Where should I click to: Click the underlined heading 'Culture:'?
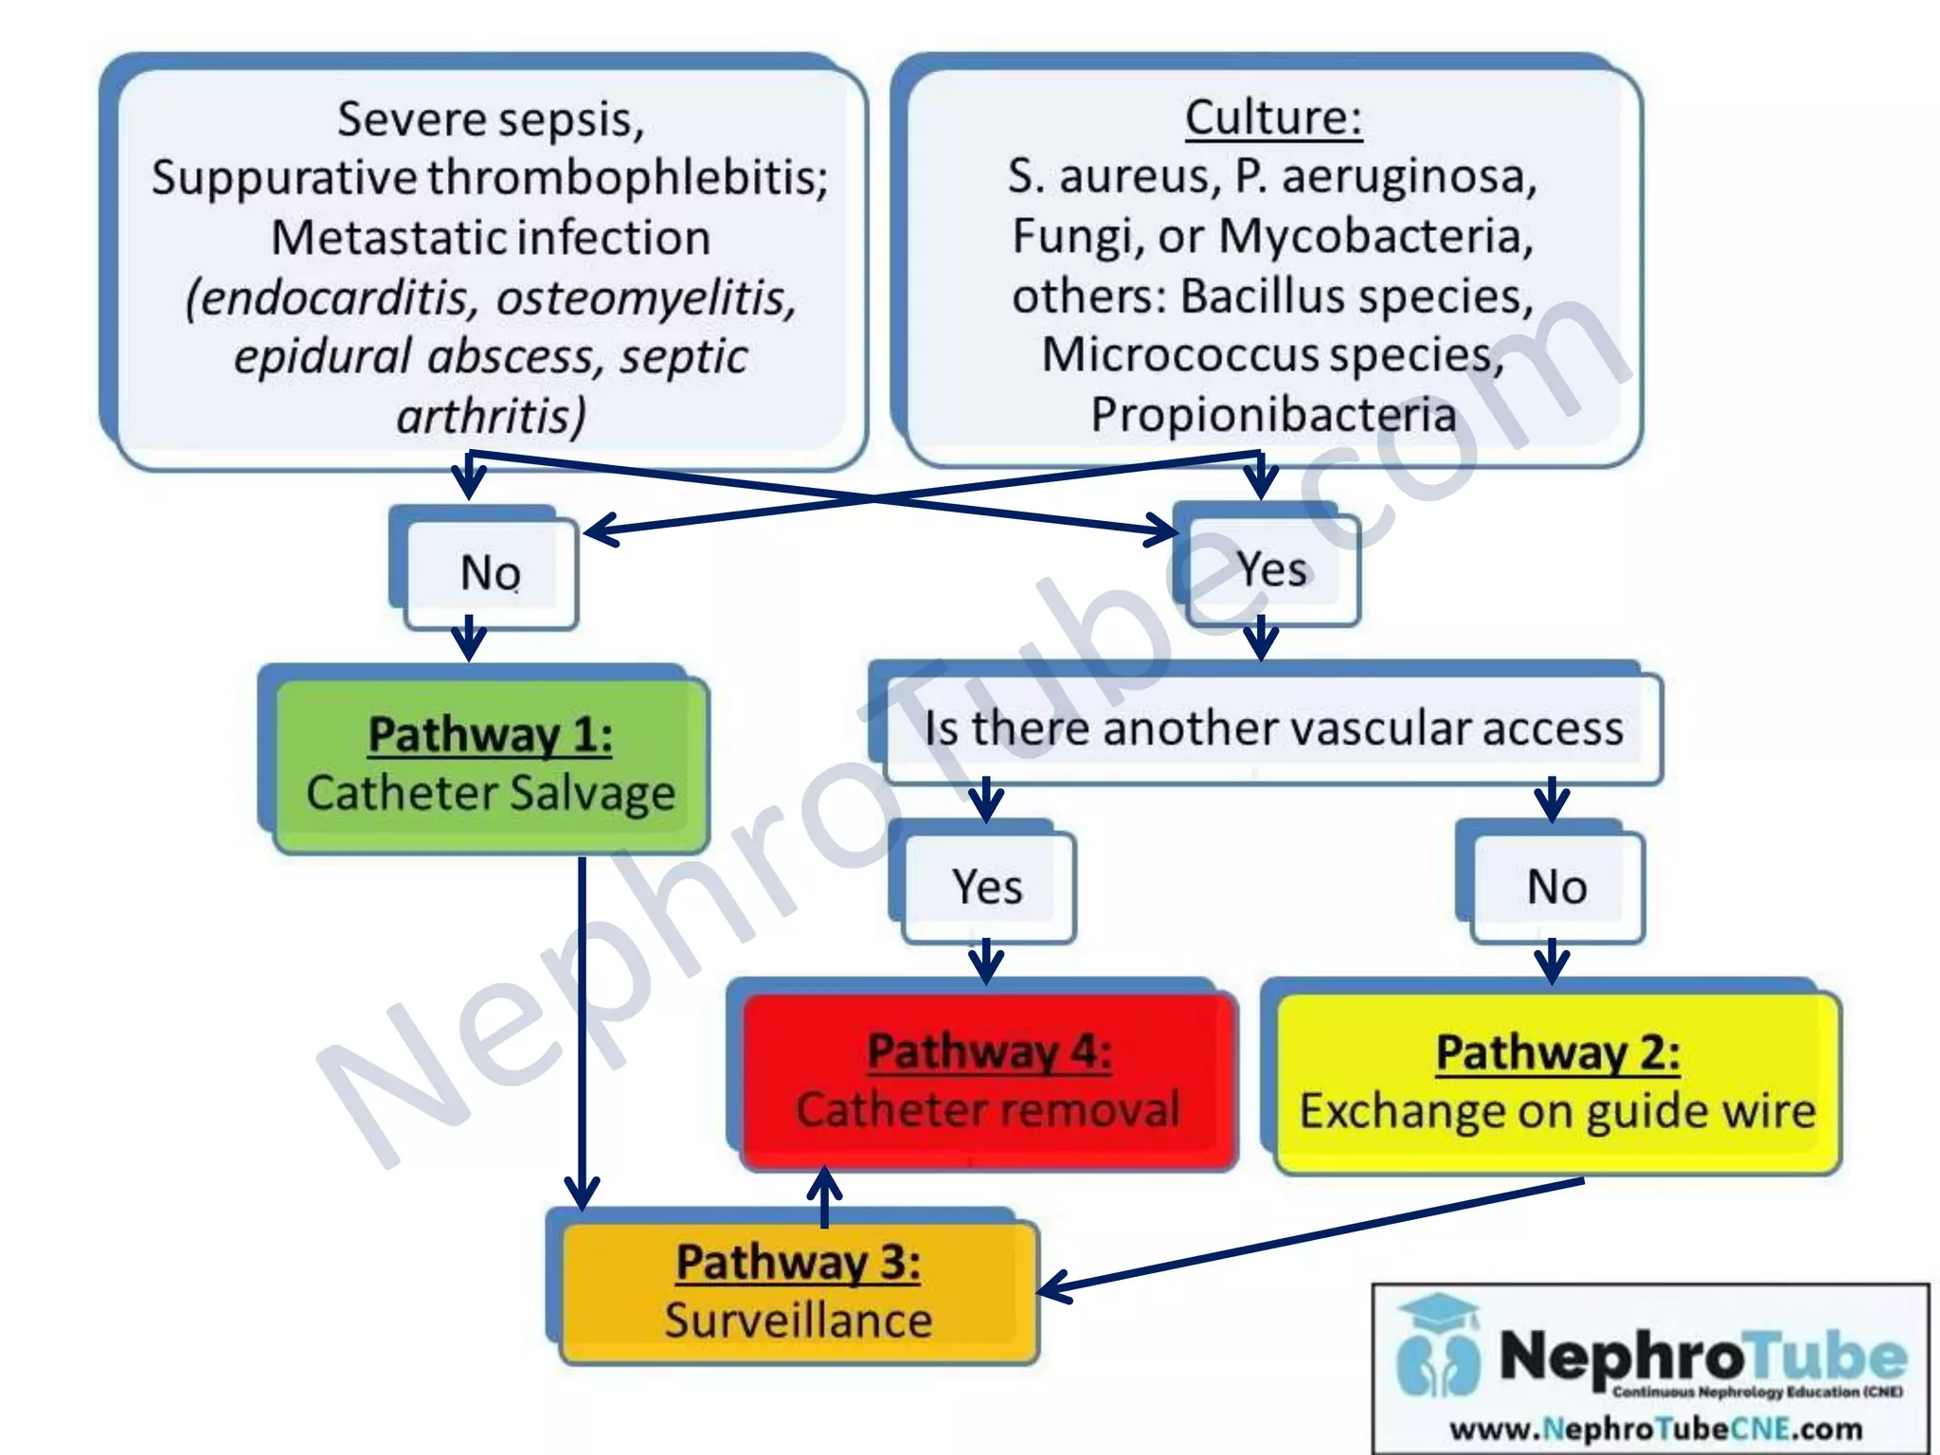(1273, 118)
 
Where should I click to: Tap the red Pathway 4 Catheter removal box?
(989, 1080)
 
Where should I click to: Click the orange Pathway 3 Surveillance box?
(798, 1291)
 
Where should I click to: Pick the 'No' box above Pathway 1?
(490, 573)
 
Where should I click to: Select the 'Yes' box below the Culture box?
(1271, 569)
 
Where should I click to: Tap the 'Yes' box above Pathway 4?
(988, 887)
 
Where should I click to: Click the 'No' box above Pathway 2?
(1556, 887)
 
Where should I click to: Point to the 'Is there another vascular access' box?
(1273, 728)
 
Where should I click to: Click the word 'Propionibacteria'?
(1273, 414)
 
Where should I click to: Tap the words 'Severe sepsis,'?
(491, 119)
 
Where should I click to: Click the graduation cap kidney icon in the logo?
(1438, 1345)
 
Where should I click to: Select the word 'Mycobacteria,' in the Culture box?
(1375, 236)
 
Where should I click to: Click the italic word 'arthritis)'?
(491, 416)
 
